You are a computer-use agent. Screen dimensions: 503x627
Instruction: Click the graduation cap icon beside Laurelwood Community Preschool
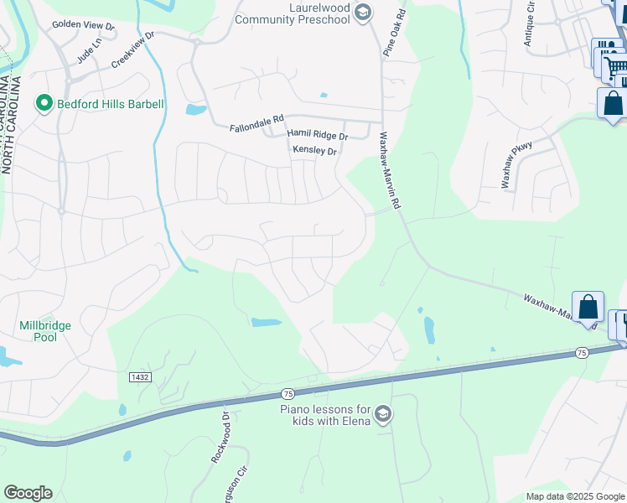pos(362,12)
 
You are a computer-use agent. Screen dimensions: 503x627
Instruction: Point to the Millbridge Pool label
pos(45,331)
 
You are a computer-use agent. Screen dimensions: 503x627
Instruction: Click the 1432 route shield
pos(140,378)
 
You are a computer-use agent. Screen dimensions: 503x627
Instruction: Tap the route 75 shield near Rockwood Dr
pos(288,393)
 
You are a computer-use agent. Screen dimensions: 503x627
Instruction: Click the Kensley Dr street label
pos(314,151)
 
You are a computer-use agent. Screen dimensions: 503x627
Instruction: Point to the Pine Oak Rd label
pos(394,34)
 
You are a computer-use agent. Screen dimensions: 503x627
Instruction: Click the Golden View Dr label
pos(83,25)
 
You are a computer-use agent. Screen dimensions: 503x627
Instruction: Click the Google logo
pos(28,493)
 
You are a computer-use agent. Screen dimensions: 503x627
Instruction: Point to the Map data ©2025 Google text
pos(575,496)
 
